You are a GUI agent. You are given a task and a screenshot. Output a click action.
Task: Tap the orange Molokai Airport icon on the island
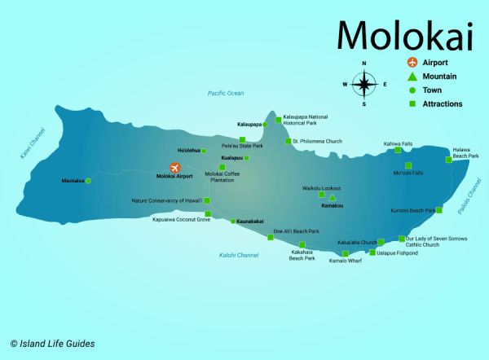click(175, 168)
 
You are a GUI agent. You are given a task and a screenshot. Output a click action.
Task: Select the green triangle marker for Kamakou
click(332, 198)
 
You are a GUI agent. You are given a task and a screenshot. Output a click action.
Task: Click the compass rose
click(364, 83)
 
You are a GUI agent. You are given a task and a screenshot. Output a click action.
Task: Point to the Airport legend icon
click(412, 63)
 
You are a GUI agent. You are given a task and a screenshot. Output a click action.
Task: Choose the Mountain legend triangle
click(412, 77)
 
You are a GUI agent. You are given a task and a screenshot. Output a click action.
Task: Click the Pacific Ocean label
click(226, 94)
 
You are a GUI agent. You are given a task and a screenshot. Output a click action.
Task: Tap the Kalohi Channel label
click(239, 255)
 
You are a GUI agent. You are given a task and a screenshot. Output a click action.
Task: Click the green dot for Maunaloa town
click(88, 181)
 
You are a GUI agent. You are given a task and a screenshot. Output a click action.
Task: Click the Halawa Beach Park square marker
click(448, 160)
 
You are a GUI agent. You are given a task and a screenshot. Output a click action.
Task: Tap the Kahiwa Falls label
click(398, 143)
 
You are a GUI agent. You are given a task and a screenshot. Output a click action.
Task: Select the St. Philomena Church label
click(318, 141)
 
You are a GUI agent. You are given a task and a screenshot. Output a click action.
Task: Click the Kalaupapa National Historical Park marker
click(278, 120)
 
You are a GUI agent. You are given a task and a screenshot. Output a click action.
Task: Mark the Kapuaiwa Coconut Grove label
click(181, 219)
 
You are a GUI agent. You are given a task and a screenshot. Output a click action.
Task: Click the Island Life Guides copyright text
click(52, 343)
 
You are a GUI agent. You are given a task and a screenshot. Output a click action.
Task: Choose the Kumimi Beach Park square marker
click(439, 210)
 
